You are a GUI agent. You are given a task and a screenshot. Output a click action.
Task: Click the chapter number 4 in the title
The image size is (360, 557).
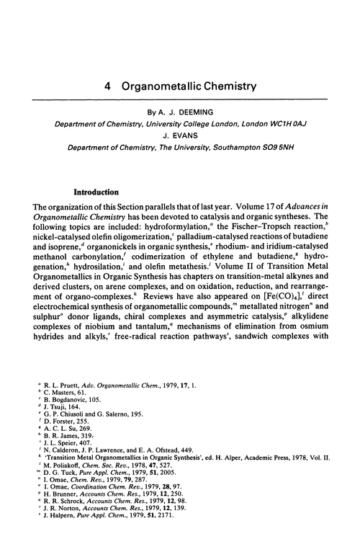pos(106,85)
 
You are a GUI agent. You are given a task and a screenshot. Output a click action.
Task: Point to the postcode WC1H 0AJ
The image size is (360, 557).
pos(289,125)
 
